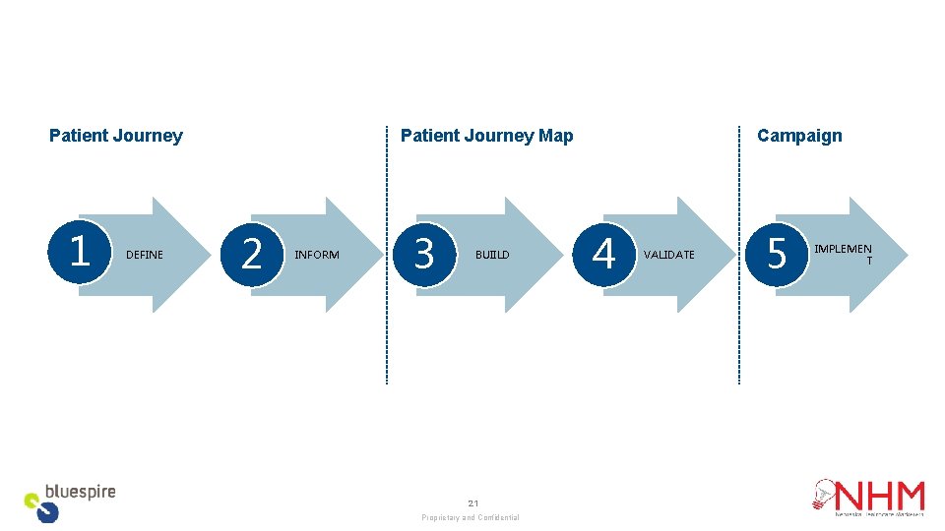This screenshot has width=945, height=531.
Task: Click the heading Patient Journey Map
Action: click(486, 136)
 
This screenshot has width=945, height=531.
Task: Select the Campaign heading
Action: click(799, 136)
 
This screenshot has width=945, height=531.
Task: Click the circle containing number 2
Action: click(252, 254)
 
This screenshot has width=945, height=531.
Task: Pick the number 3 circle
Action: click(423, 254)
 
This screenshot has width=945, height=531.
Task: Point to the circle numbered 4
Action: click(603, 254)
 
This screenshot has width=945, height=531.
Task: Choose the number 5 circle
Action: click(777, 254)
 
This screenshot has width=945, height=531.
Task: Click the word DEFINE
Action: click(145, 255)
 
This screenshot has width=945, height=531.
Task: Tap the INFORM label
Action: click(317, 255)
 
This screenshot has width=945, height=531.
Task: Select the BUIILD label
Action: click(492, 255)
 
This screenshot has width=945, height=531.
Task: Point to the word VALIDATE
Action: click(668, 255)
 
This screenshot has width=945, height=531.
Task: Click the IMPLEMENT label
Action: click(843, 254)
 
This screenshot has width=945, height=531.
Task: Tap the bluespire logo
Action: click(69, 501)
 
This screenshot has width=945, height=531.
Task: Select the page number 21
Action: click(472, 502)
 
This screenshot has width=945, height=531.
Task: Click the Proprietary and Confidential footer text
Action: click(471, 517)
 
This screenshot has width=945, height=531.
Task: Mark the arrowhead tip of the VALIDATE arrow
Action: click(734, 255)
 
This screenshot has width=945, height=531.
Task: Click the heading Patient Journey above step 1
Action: click(116, 136)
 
